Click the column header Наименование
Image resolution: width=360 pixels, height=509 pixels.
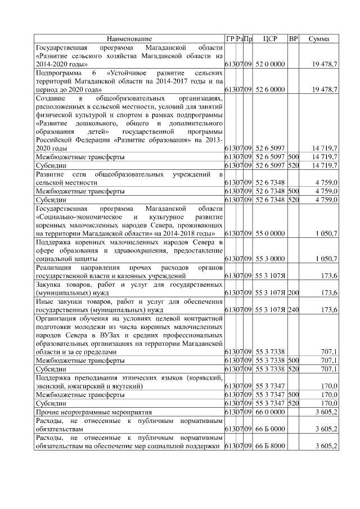[129, 39]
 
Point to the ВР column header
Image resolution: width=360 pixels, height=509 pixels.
[293, 39]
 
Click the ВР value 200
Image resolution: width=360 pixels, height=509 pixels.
[293, 293]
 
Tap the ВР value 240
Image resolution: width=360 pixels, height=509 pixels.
[293, 310]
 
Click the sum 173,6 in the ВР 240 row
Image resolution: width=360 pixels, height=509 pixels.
[327, 310]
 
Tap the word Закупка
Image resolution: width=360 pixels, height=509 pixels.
[49, 285]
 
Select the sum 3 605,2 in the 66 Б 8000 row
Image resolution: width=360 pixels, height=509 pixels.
[325, 446]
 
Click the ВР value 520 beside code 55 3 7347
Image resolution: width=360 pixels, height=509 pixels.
[293, 403]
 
